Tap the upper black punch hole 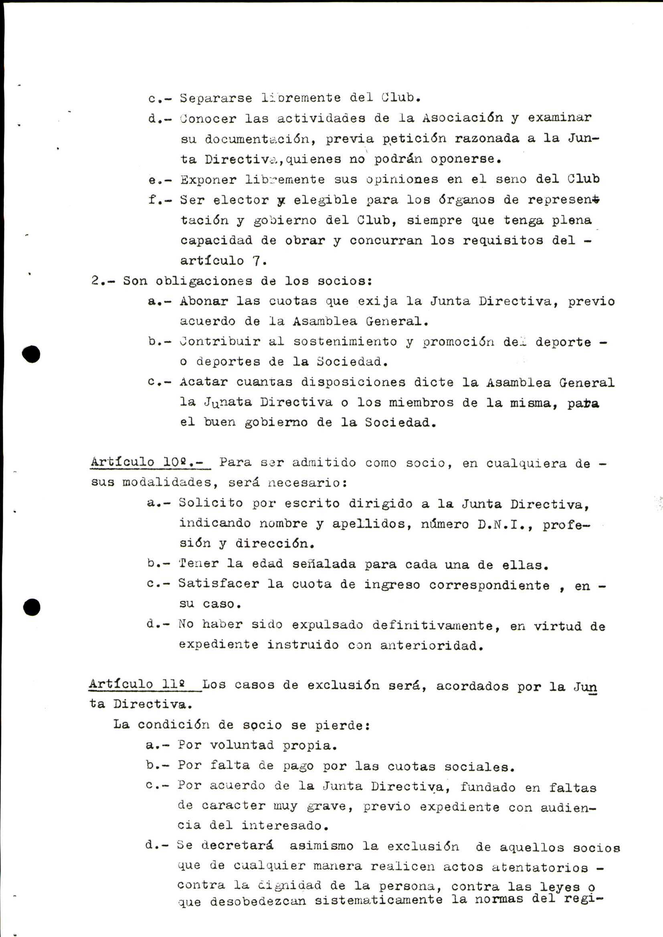[x=31, y=354]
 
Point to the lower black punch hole [x=31, y=607]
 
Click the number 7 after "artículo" [x=257, y=260]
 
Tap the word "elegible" [x=325, y=199]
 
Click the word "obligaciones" [x=204, y=281]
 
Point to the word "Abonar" [x=204, y=301]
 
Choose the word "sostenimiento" [x=345, y=341]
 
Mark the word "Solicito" [x=211, y=503]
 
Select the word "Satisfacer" [x=218, y=584]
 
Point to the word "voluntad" [x=242, y=745]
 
